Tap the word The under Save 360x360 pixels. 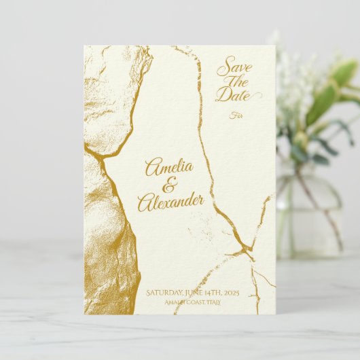point(236,81)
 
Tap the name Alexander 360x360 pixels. point(170,201)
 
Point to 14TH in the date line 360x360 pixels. point(218,293)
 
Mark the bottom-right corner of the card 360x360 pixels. point(274,314)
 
